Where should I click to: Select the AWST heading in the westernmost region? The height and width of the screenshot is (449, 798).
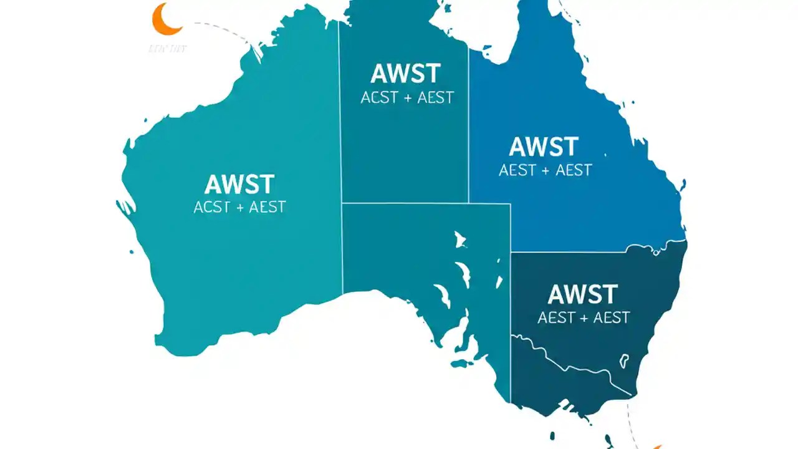tap(239, 185)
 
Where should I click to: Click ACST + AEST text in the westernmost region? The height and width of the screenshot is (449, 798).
tap(239, 208)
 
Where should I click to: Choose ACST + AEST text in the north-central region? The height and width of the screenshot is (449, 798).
tap(407, 97)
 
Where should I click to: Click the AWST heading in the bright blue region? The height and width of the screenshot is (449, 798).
tap(544, 147)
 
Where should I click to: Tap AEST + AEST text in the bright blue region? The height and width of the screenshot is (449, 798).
tap(545, 170)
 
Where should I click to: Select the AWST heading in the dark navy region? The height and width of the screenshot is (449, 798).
tap(583, 294)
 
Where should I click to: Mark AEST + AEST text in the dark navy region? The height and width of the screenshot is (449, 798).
tap(584, 317)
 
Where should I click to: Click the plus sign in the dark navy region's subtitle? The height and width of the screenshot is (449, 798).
tap(584, 318)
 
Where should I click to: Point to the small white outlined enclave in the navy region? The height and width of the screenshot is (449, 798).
tap(623, 360)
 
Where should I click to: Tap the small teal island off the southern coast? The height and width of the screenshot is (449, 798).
tap(460, 363)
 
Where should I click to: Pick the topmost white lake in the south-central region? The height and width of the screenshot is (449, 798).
tap(460, 239)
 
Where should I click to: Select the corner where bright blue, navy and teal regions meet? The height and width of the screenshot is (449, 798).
tap(511, 252)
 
